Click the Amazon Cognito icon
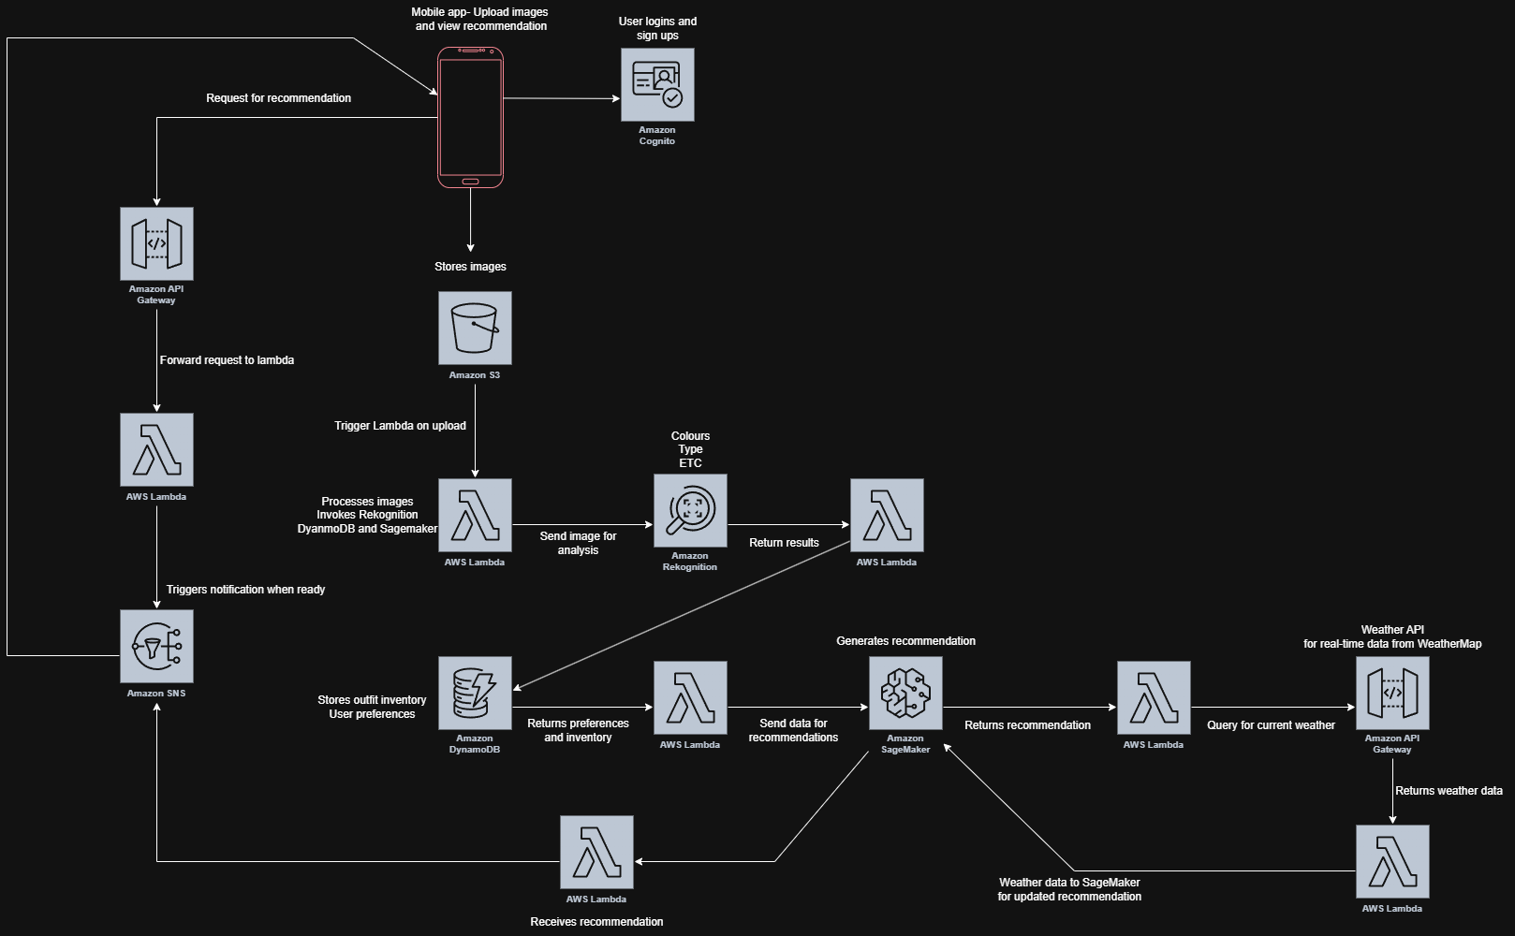click(x=657, y=85)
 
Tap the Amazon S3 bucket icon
click(x=475, y=328)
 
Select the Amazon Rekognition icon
click(x=690, y=510)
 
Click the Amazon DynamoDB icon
click(x=475, y=693)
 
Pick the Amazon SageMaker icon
click(x=905, y=693)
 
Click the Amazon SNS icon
click(x=156, y=646)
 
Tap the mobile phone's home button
click(x=470, y=181)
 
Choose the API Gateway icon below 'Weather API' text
click(x=1392, y=693)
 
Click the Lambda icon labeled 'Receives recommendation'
click(x=596, y=852)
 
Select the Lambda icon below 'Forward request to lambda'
click(x=156, y=449)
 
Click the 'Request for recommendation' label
click(x=278, y=98)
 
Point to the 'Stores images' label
click(x=470, y=267)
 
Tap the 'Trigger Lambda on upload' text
click(x=400, y=426)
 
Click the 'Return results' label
click(x=784, y=543)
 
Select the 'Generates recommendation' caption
click(x=905, y=641)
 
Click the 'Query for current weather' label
click(x=1271, y=725)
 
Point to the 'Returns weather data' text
click(x=1449, y=791)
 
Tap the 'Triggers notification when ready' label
click(x=245, y=590)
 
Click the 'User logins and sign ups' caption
click(x=657, y=28)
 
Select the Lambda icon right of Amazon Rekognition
click(x=887, y=515)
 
